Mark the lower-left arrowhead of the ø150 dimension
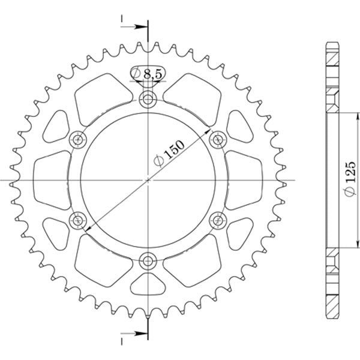pos(88,230)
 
